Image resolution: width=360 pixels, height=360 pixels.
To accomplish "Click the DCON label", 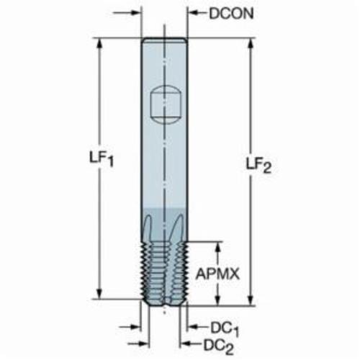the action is (231, 14).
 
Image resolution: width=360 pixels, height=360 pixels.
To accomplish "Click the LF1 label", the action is (102, 159).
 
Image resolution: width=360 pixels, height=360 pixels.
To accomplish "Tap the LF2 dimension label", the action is (259, 165).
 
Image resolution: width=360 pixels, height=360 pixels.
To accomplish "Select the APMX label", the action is (217, 274).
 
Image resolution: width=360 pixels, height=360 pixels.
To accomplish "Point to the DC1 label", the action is (225, 329).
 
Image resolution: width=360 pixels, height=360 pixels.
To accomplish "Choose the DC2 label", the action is (218, 346).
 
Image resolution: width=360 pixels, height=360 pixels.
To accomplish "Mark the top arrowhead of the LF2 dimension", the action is (251, 44).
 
